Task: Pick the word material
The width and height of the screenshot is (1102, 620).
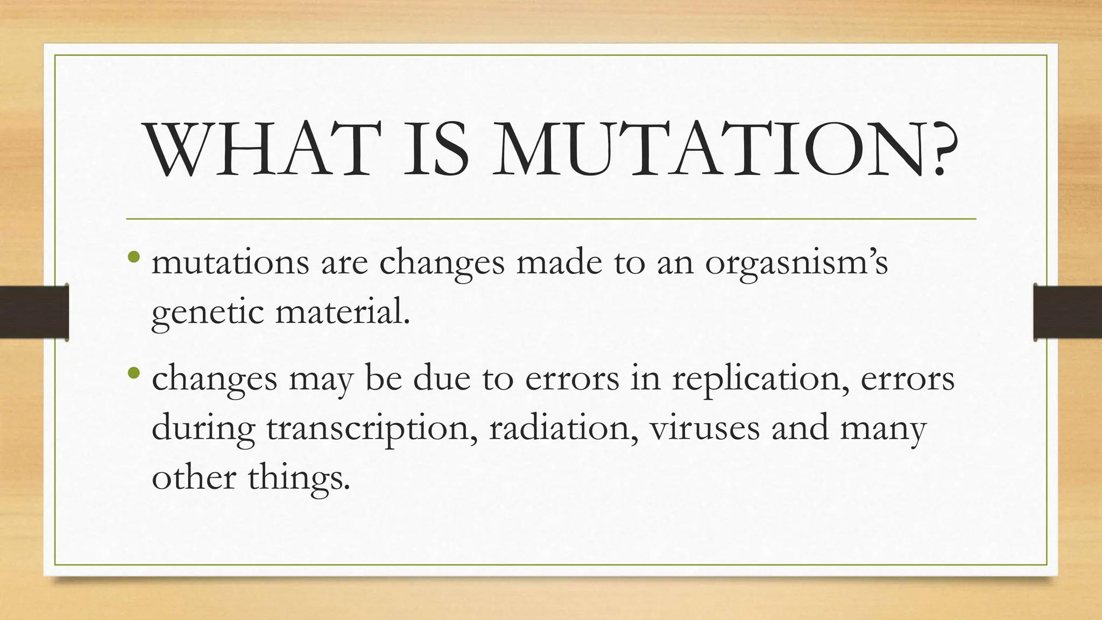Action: coord(342,312)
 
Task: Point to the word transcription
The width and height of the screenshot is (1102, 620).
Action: coord(371,429)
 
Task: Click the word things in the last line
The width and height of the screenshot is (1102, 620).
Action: coord(299,478)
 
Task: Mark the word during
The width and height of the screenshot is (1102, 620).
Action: coord(203,429)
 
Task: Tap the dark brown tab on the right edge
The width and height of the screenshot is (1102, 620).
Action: coord(1068,312)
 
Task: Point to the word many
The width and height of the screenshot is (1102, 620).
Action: coord(882,429)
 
